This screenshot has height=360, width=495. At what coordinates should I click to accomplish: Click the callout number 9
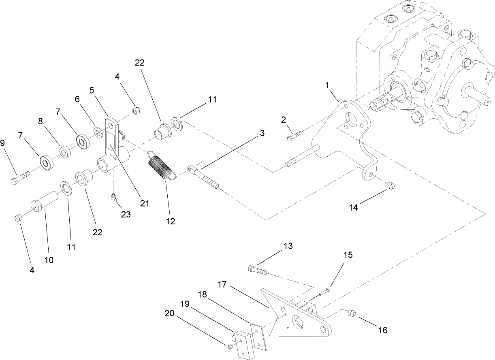point(3,143)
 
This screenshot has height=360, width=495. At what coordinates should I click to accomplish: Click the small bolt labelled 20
point(230,346)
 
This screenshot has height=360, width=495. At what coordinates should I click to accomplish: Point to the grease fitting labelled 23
point(114,197)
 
